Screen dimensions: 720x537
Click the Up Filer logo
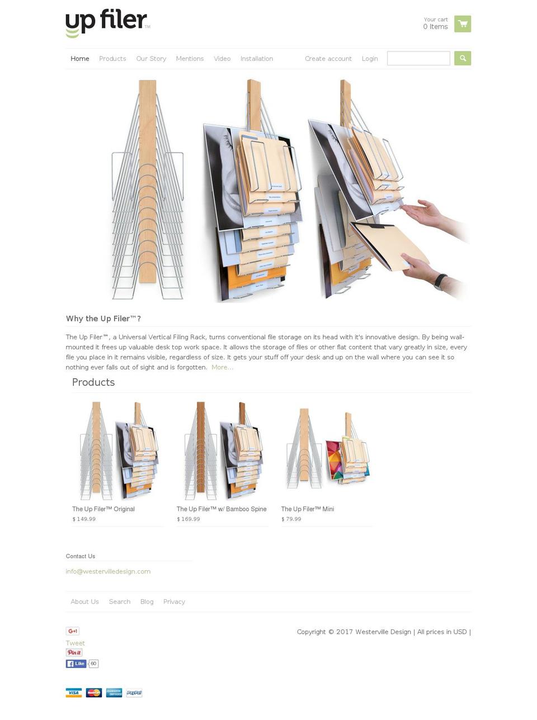[x=107, y=22]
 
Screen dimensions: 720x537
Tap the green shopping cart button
[x=462, y=24]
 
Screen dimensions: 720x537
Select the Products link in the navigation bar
[x=112, y=59]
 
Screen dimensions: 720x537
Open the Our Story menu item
[x=151, y=59]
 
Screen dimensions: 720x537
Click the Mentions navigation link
[x=190, y=59]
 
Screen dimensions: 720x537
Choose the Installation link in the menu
[x=257, y=59]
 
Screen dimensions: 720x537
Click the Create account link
[x=328, y=59]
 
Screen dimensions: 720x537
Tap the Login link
[x=370, y=59]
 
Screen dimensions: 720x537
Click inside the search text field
[x=418, y=59]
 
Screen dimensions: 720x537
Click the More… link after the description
[x=222, y=367]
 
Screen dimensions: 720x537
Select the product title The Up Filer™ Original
[x=103, y=509]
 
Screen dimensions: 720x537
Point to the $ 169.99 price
[x=189, y=519]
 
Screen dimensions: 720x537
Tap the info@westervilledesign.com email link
[x=108, y=571]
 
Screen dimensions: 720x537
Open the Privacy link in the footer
[x=174, y=602]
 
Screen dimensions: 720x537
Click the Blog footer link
[x=147, y=602]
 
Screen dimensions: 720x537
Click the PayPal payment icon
[x=134, y=693]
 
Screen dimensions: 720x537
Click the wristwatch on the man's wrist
[x=440, y=281]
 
